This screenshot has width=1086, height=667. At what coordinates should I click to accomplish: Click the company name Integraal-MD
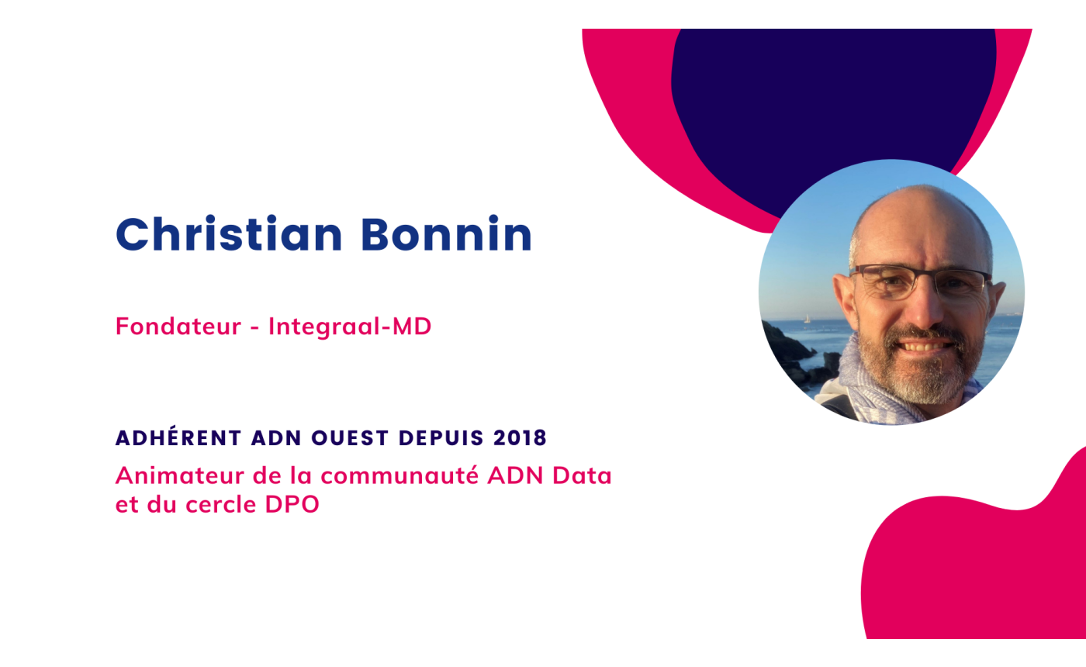click(350, 327)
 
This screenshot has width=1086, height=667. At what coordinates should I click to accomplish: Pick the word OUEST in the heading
click(350, 437)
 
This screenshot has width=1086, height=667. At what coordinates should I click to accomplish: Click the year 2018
click(521, 437)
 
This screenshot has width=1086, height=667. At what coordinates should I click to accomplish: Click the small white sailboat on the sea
click(807, 319)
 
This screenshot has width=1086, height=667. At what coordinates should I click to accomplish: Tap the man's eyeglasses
click(920, 282)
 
